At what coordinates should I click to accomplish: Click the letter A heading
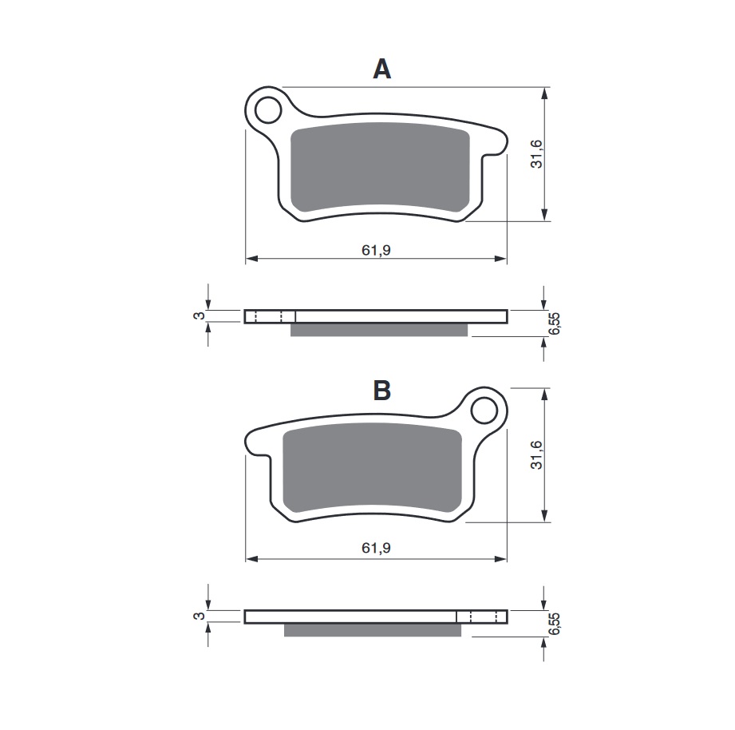tap(382, 70)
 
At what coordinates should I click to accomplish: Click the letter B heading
tap(382, 391)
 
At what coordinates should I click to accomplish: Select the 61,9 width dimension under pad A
tap(375, 249)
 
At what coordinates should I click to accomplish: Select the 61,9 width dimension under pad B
tap(375, 548)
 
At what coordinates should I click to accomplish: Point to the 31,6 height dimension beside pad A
tap(536, 153)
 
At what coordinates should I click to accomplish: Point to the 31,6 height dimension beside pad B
tap(536, 454)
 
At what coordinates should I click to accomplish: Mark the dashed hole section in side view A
tap(269, 316)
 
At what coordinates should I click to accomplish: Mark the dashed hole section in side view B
tap(482, 617)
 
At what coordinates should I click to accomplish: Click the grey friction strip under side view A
tap(378, 330)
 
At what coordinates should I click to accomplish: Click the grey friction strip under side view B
tap(373, 630)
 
